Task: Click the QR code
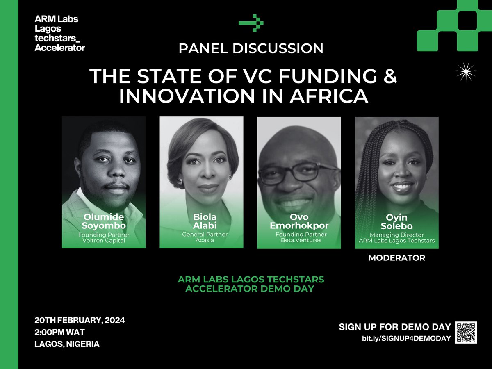(x=467, y=332)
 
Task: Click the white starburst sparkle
(x=466, y=73)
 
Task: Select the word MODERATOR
(x=396, y=258)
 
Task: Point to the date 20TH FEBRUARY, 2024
(x=80, y=320)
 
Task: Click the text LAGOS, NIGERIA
(x=67, y=344)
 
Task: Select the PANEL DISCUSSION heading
(x=251, y=48)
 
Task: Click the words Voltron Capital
(x=103, y=241)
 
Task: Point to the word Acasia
(x=201, y=241)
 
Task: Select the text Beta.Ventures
(x=299, y=241)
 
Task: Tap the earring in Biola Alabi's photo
(x=179, y=180)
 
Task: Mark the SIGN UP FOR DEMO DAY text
(x=394, y=327)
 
